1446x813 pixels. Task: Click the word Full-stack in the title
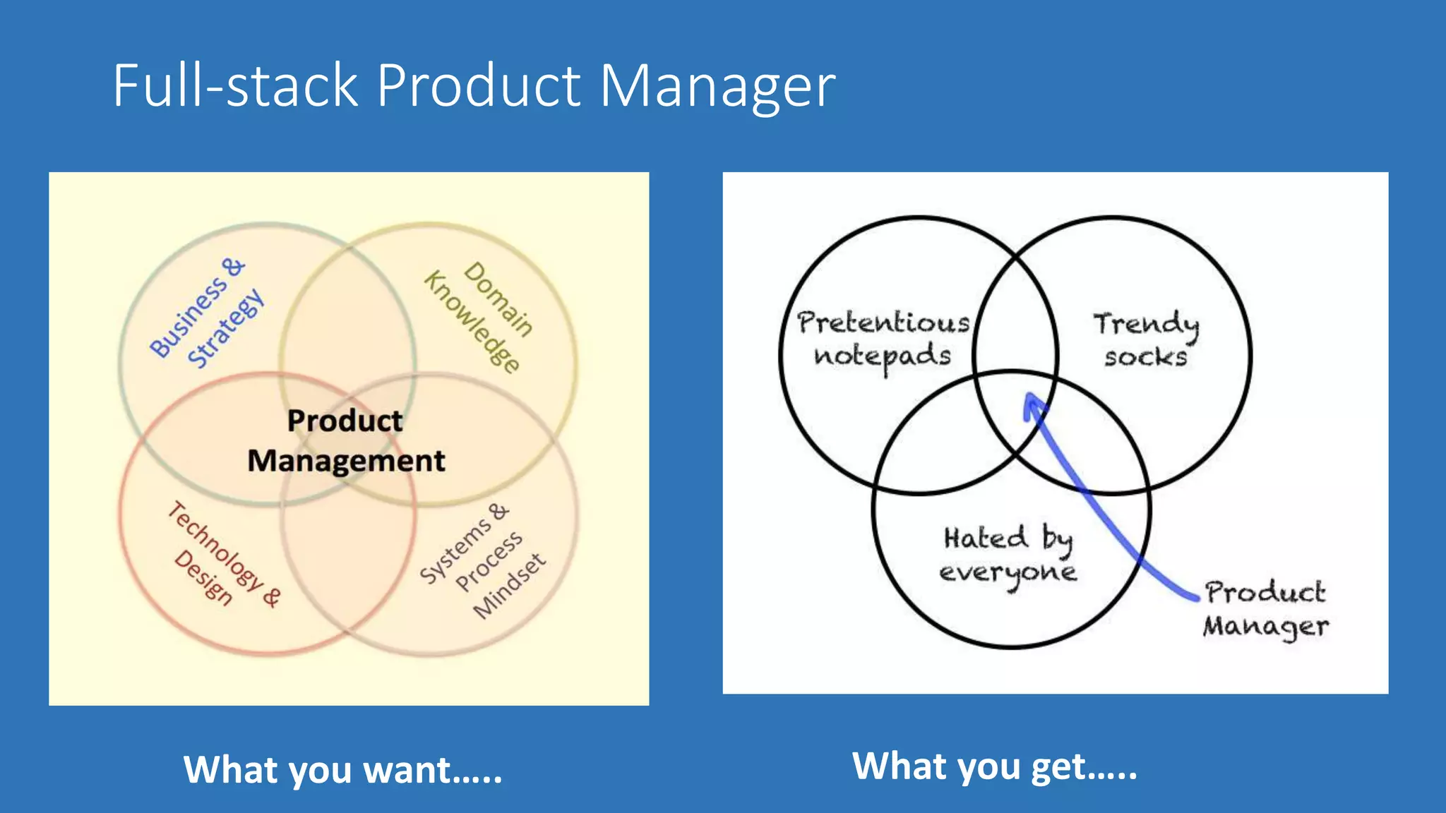(x=236, y=85)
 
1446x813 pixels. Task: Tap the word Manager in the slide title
(x=717, y=87)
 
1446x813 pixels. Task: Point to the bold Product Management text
(x=346, y=440)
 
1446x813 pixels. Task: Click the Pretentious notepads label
(x=883, y=339)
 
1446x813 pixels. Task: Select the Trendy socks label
(x=1146, y=340)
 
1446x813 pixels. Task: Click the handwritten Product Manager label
(x=1266, y=609)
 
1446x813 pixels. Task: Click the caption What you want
(x=343, y=769)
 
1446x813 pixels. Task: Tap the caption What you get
(x=995, y=766)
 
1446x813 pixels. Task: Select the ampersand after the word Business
(x=233, y=267)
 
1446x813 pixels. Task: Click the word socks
(x=1146, y=357)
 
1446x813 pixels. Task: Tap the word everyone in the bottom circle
(x=1008, y=572)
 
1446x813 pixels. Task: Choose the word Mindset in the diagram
(x=510, y=586)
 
